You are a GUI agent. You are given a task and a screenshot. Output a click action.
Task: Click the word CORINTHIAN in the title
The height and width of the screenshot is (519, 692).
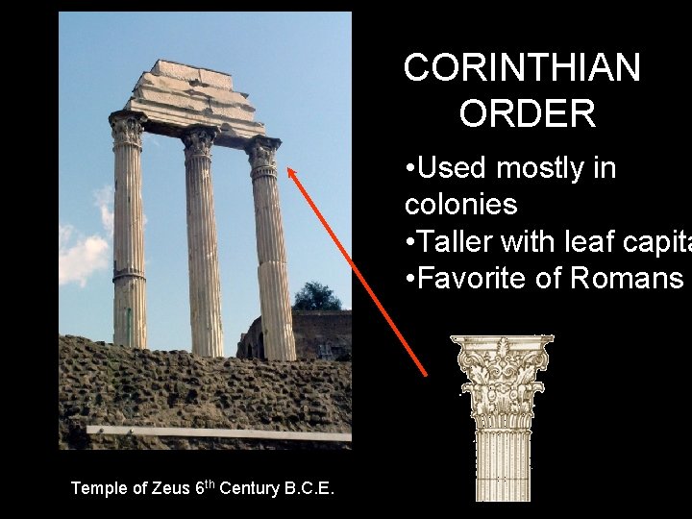coord(522,68)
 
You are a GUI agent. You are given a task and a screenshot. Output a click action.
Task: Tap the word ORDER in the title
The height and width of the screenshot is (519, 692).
coord(528,114)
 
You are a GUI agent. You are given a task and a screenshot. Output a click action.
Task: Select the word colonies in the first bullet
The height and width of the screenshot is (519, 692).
coord(461,204)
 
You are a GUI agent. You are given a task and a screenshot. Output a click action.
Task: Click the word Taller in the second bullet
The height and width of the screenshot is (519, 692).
coord(459,241)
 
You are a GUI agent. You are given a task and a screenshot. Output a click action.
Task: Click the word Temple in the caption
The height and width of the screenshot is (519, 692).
coord(98,488)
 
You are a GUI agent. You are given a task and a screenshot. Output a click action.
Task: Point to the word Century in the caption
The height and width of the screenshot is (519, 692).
coord(249,488)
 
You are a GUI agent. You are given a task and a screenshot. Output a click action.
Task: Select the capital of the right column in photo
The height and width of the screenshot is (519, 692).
coord(262,155)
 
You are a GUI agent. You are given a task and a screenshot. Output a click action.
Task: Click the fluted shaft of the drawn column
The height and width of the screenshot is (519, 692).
coord(502,461)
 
